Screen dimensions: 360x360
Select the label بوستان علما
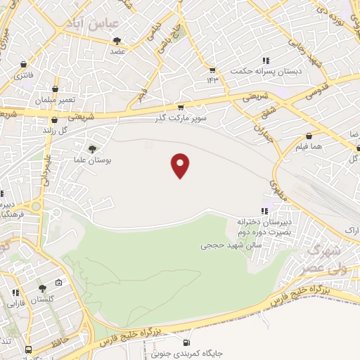tap(92, 161)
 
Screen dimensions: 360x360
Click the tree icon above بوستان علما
tap(92, 148)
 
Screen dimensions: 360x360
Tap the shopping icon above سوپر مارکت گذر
tap(181, 108)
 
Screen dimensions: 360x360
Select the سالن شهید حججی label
tap(223, 246)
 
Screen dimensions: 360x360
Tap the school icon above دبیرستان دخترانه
tap(264, 210)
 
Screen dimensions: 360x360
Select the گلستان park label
tap(43, 299)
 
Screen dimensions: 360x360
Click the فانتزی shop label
tap(26, 75)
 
